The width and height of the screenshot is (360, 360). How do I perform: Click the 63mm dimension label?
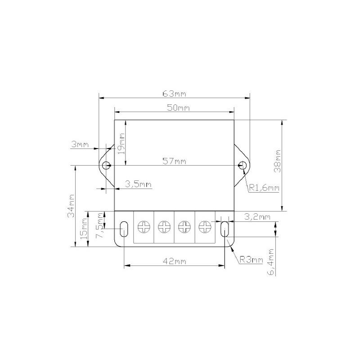(x=174, y=94)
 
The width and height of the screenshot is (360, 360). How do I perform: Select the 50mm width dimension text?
(x=178, y=108)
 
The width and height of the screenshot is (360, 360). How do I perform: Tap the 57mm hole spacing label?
(x=174, y=161)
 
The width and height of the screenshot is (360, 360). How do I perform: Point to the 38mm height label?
(x=277, y=161)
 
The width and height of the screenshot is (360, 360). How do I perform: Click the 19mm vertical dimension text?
(x=121, y=144)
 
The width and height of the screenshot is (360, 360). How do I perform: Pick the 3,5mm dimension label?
(x=138, y=184)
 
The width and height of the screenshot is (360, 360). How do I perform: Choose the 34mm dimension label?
(x=71, y=206)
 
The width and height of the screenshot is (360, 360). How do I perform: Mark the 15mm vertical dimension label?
(x=84, y=229)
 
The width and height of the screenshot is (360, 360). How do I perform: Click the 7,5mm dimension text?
(x=100, y=225)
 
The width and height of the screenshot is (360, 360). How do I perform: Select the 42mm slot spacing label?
(x=175, y=261)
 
